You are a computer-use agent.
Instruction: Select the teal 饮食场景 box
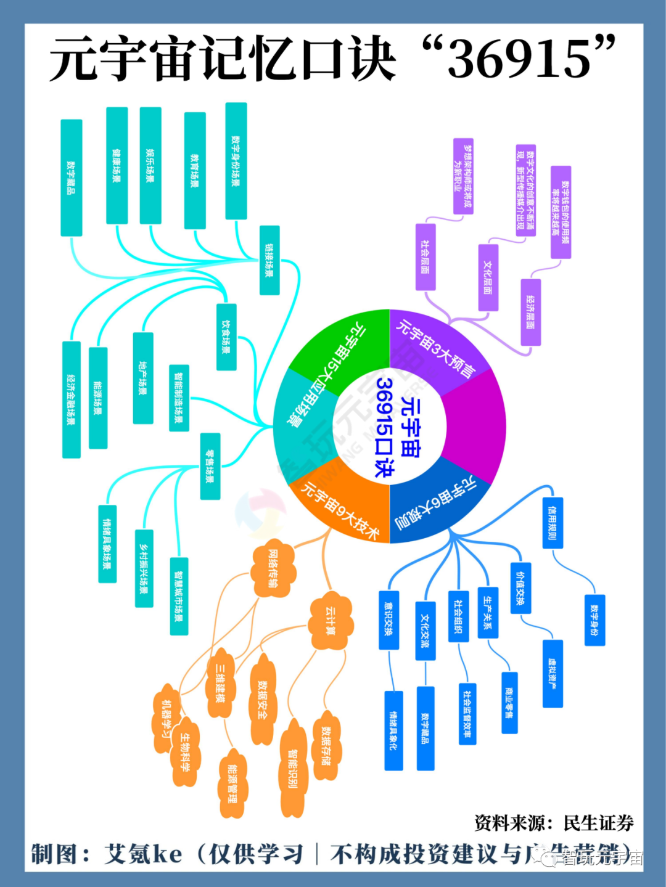click(226, 337)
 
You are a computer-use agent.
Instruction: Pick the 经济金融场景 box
click(72, 399)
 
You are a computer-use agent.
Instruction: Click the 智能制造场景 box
click(179, 398)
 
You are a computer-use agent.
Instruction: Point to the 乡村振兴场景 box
click(144, 568)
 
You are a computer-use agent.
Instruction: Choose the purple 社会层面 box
click(425, 257)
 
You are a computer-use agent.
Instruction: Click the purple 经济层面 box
click(530, 311)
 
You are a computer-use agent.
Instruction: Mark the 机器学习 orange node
click(165, 718)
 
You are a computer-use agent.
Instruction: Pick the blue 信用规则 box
click(553, 523)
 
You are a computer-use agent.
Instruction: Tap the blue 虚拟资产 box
click(553, 673)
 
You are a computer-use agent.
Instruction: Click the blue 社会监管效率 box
click(467, 713)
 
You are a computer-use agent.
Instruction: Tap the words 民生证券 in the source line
click(598, 823)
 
